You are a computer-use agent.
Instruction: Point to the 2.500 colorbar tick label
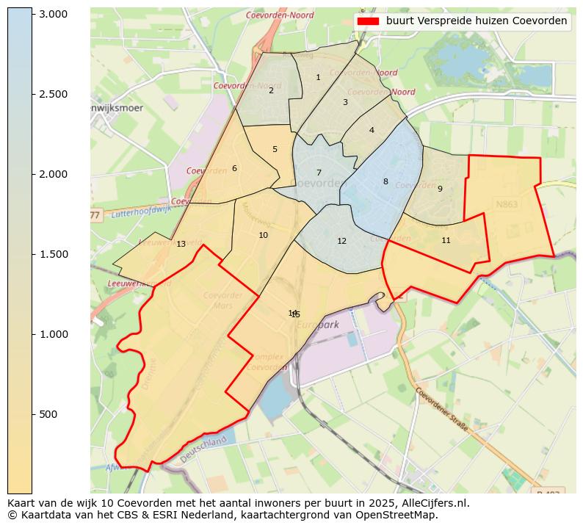53,94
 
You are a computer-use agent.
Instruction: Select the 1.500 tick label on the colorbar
53,254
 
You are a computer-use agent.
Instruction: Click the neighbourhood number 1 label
318,77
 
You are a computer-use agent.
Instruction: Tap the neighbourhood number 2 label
271,90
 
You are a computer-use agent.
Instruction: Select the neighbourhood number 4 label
372,130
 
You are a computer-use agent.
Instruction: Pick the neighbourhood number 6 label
234,168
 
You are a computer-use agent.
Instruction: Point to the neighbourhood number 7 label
319,173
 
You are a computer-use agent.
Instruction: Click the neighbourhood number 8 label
385,181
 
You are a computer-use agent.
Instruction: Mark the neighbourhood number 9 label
440,189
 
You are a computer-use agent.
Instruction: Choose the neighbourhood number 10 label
263,235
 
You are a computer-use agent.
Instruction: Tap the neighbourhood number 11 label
446,240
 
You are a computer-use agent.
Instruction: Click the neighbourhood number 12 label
341,241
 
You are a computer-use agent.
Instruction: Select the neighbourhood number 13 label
181,244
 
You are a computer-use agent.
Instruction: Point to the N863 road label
507,205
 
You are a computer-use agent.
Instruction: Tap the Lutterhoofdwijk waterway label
142,213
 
